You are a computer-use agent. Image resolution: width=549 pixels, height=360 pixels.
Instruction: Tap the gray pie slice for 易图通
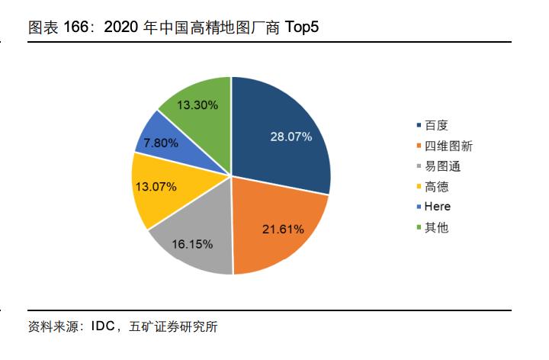click(194, 236)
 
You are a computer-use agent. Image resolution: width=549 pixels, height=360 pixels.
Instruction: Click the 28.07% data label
click(291, 137)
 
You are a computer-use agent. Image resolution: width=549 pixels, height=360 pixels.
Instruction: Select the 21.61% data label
click(283, 228)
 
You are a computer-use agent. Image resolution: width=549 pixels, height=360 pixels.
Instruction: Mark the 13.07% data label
click(156, 186)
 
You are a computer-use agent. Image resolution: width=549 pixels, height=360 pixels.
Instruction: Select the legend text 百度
click(435, 124)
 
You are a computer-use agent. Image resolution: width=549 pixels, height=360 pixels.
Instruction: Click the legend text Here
click(437, 207)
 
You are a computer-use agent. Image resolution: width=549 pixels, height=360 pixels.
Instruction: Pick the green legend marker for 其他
click(417, 227)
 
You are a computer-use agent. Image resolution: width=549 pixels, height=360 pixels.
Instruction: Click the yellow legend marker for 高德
click(417, 186)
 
